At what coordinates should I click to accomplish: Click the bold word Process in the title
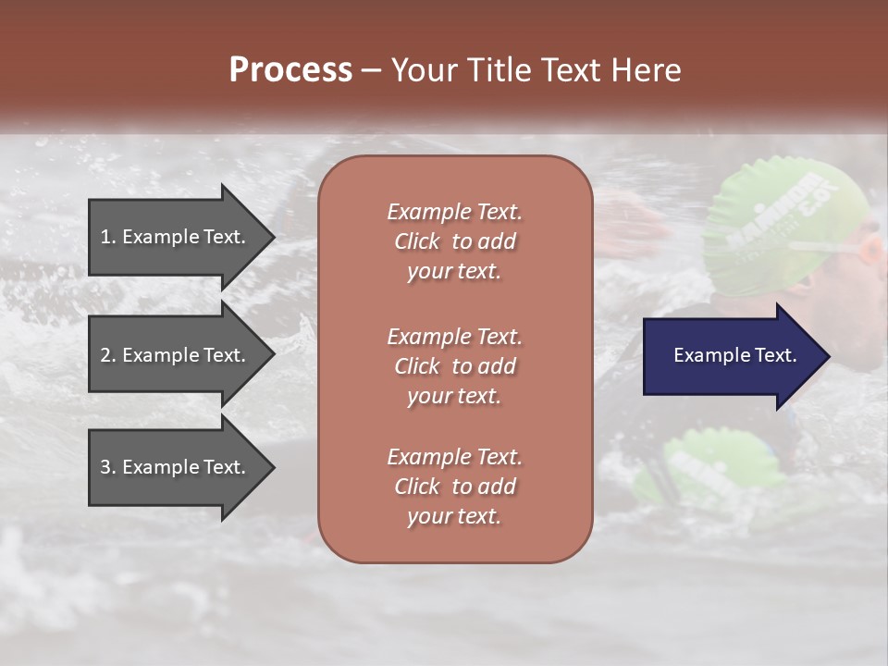point(290,70)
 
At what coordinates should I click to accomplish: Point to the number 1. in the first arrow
point(108,237)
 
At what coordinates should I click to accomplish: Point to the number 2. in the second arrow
point(108,355)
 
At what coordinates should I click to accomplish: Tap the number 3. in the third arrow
point(108,467)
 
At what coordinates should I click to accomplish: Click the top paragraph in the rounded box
point(454,241)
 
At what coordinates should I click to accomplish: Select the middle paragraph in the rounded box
point(454,366)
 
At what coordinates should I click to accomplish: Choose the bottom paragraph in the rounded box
point(454,487)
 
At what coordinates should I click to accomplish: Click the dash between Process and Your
point(372,71)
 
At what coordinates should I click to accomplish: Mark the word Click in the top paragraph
point(416,241)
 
